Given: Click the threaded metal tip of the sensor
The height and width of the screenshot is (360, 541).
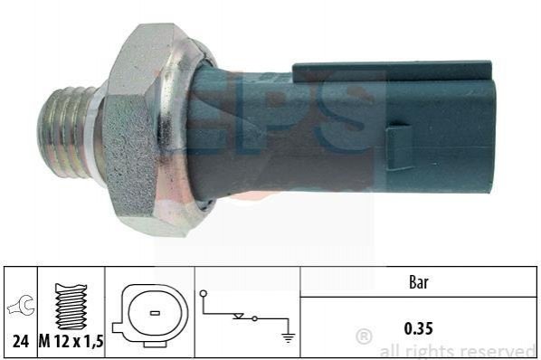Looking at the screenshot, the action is point(64,132).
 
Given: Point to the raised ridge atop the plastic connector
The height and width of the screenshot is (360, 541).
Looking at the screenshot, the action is point(392,70).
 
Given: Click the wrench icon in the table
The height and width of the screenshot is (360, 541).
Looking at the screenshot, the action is point(22,305).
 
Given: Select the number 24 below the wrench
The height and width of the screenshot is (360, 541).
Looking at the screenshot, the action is point(21,341).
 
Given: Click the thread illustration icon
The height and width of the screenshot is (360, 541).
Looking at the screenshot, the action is point(71,307).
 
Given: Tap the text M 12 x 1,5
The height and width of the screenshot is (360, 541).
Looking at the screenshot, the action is point(71,341).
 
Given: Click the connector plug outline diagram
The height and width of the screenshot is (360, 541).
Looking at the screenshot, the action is point(150,315).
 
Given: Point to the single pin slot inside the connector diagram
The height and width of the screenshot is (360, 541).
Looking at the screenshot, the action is point(155,313).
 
